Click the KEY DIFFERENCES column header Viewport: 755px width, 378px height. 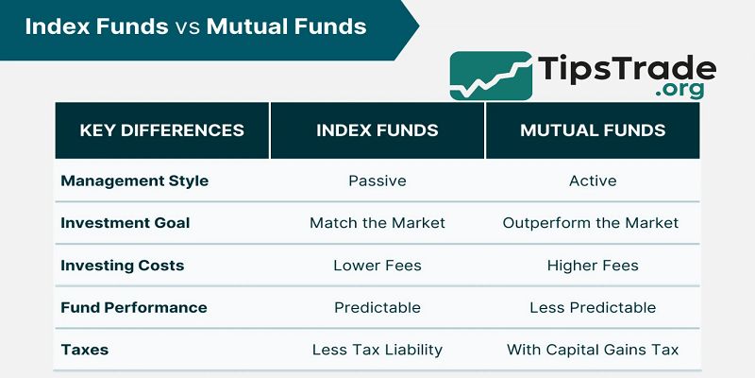click(161, 130)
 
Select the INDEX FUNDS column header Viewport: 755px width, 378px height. click(377, 130)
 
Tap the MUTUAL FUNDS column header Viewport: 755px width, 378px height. click(593, 130)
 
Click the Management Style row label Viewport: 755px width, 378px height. click(134, 180)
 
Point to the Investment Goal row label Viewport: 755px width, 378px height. click(125, 223)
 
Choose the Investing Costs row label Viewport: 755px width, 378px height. click(123, 266)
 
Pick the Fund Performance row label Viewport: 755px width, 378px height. click(133, 307)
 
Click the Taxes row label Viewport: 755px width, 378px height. click(85, 350)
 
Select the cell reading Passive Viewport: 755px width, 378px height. click(377, 180)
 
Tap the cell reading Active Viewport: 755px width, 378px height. click(593, 180)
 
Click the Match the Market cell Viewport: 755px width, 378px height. click(377, 223)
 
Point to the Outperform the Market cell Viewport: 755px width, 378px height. click(591, 223)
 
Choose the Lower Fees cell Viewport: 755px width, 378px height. click(377, 266)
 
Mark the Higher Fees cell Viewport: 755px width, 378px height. click(593, 266)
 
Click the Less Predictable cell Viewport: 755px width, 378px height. click(593, 307)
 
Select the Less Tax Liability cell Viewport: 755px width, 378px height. click(377, 350)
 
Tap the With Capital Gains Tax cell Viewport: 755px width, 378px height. click(593, 350)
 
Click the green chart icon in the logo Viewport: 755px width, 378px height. click(490, 76)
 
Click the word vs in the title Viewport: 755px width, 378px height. click(186, 26)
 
